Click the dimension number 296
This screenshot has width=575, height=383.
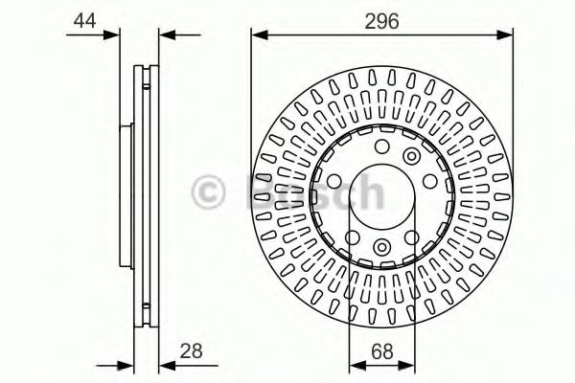(381, 21)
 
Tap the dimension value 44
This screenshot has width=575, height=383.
(84, 20)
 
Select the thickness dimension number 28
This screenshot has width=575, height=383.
(191, 350)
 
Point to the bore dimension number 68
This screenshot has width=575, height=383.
(382, 351)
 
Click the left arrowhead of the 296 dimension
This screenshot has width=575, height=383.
(261, 35)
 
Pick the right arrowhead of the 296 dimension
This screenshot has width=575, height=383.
(504, 35)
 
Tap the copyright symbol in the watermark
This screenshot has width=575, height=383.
(208, 191)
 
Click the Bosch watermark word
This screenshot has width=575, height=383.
(315, 191)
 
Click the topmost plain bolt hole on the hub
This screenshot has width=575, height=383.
(382, 146)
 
